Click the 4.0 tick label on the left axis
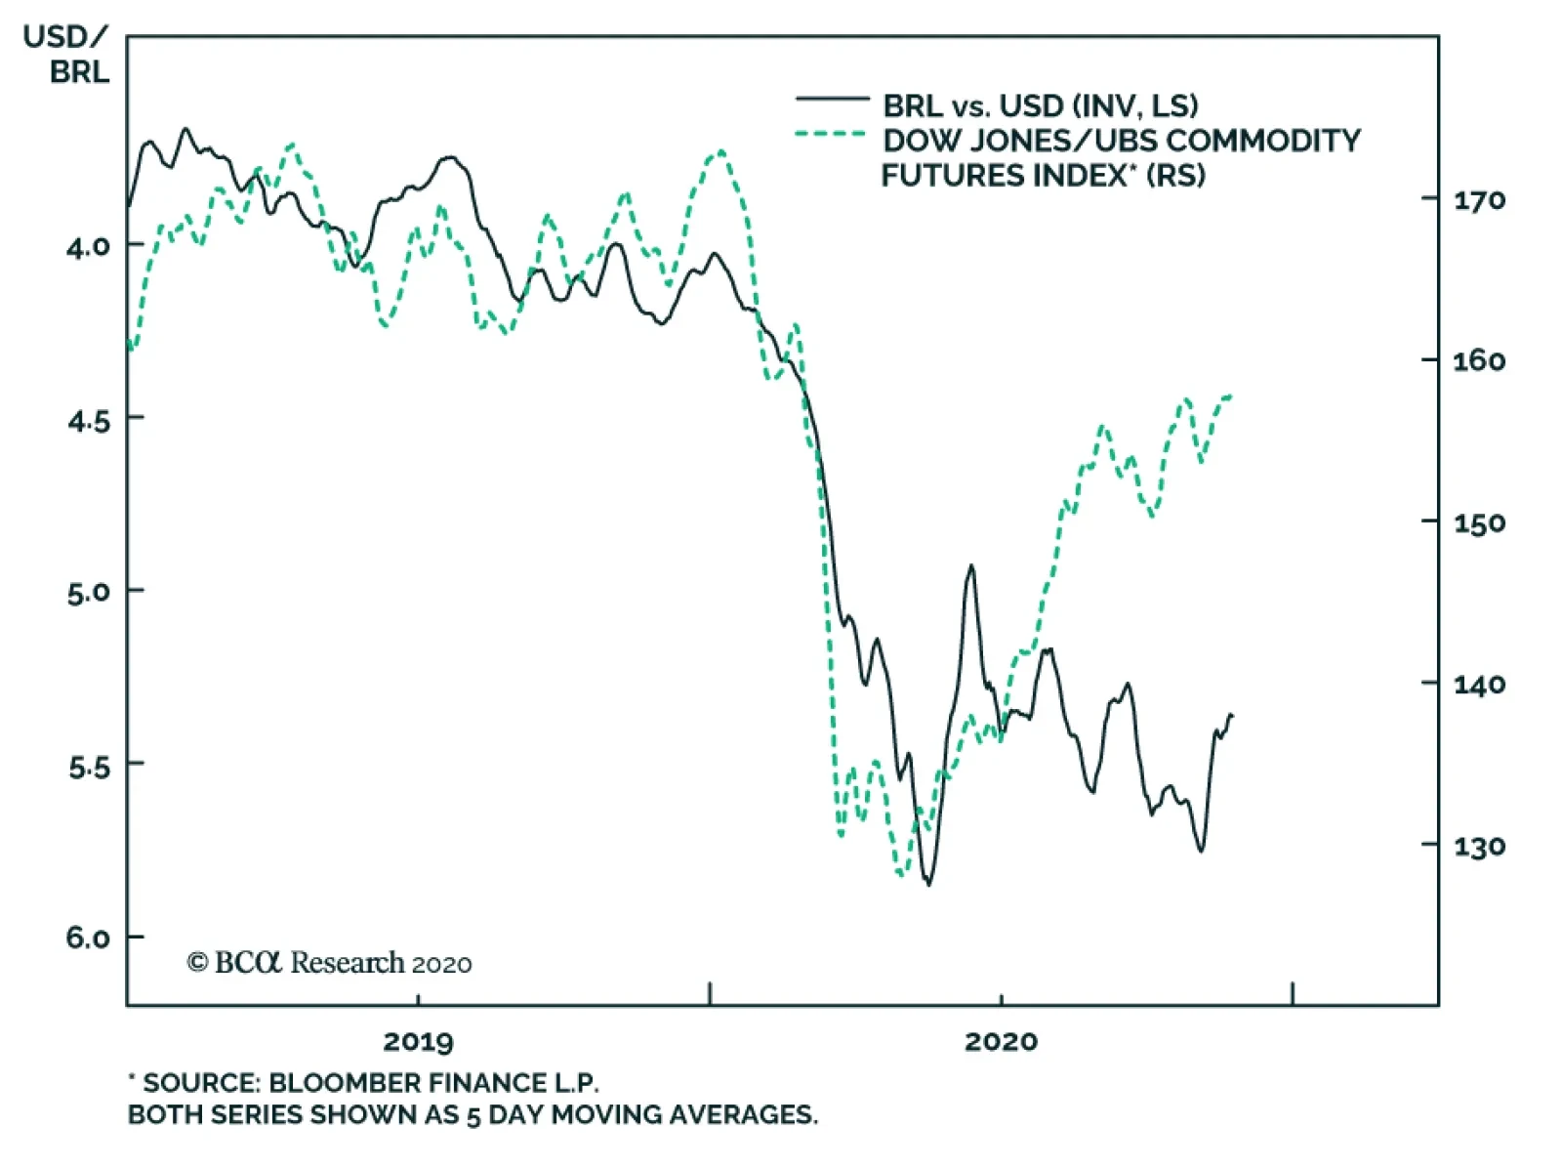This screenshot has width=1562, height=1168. (x=88, y=246)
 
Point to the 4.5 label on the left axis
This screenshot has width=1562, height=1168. (x=88, y=421)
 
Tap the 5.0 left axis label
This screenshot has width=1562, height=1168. (x=88, y=593)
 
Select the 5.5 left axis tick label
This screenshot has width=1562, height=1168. (x=88, y=767)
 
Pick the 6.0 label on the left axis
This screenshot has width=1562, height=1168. (x=88, y=939)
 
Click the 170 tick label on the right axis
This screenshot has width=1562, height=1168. (x=1479, y=201)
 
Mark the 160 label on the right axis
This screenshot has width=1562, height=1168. (x=1479, y=362)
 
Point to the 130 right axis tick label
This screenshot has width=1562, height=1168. (x=1479, y=847)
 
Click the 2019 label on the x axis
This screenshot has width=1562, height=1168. (x=418, y=1042)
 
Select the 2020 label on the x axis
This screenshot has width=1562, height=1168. (x=1001, y=1042)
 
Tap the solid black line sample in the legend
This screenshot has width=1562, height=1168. (x=832, y=99)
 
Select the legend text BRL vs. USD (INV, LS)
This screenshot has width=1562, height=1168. (x=1040, y=105)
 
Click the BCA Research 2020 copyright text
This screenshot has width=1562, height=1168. (x=329, y=963)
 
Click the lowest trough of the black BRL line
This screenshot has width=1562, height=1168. (x=927, y=885)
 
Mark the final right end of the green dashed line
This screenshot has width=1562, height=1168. (x=1232, y=396)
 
